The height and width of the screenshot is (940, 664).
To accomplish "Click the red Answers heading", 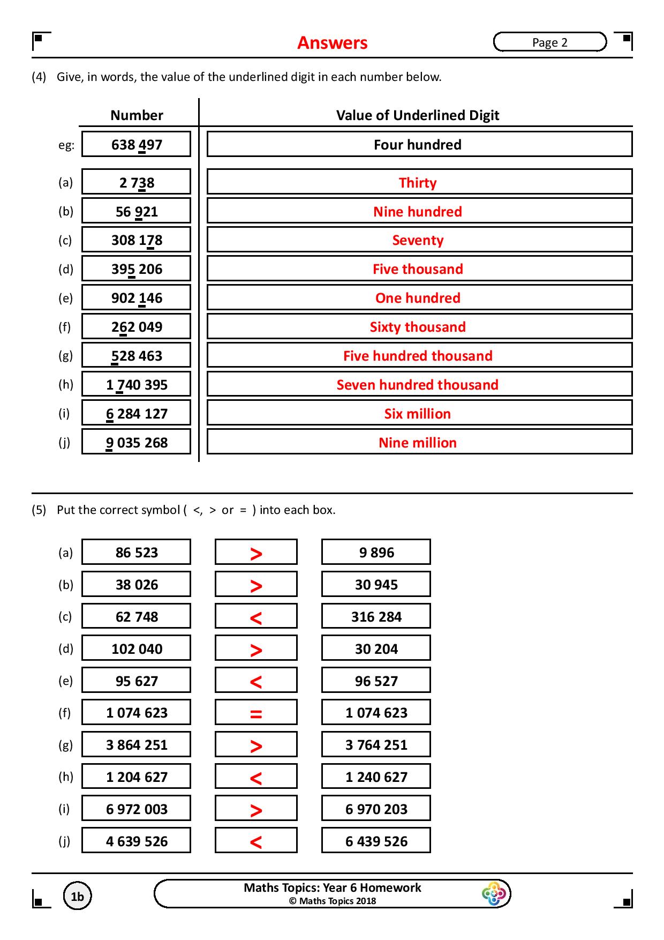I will [x=332, y=43].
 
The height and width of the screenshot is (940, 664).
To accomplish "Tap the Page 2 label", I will [x=549, y=42].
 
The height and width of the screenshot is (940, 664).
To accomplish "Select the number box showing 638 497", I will [x=136, y=145].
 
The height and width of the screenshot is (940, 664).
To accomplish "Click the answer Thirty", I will [x=418, y=183].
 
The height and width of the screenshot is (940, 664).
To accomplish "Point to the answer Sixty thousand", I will [x=418, y=327].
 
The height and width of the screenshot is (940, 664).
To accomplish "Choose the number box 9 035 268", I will [x=136, y=443].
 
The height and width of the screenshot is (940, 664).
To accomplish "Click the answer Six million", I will [x=418, y=414].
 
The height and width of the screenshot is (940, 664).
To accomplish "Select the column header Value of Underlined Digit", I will [x=418, y=115].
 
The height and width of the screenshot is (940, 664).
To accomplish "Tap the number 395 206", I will [x=136, y=269].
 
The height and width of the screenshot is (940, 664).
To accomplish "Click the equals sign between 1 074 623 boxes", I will [x=256, y=714].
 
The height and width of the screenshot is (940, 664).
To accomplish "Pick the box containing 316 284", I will [x=376, y=617].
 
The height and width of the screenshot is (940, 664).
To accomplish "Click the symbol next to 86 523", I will [x=256, y=553].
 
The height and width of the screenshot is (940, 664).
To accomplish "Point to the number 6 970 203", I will [x=376, y=809].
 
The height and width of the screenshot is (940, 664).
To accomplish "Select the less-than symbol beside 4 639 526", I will [x=256, y=842].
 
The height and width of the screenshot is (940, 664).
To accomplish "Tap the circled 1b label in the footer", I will [x=77, y=897].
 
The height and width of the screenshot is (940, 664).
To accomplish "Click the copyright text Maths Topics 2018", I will [x=332, y=901].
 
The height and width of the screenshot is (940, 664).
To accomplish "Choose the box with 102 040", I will [x=136, y=649].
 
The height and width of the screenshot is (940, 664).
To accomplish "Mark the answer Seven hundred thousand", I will [x=418, y=385].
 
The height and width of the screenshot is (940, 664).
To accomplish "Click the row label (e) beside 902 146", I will [x=65, y=299].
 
